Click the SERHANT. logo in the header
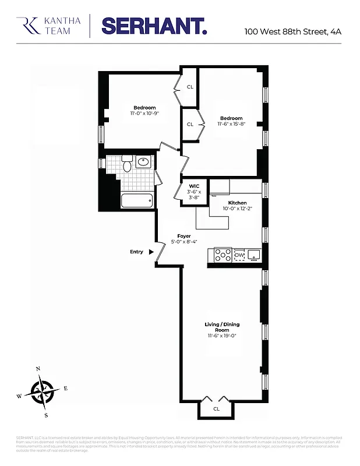pyautogui.click(x=154, y=26)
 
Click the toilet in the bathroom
pyautogui.click(x=126, y=165)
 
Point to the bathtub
pyautogui.click(x=137, y=202)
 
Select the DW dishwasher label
pyautogui.click(x=239, y=255)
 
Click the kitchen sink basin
pyautogui.click(x=253, y=255)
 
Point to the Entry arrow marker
pyautogui.click(x=151, y=252)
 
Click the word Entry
pyautogui.click(x=136, y=252)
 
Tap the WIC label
pyautogui.click(x=195, y=186)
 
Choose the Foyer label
pyautogui.click(x=184, y=236)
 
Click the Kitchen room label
pyautogui.click(x=237, y=203)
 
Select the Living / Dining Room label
pyautogui.click(x=222, y=327)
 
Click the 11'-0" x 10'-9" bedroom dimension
pyautogui.click(x=144, y=114)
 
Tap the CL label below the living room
pyautogui.click(x=216, y=409)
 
